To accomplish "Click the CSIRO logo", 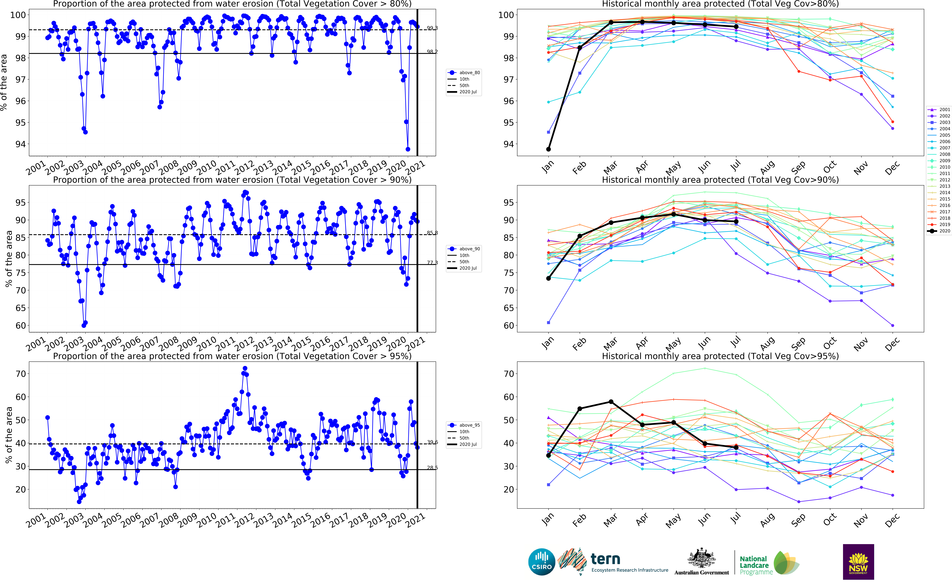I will coord(542,562).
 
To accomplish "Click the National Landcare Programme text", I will coord(756,565).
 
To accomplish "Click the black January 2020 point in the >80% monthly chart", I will coord(548,149).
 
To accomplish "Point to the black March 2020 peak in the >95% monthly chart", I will coord(611,401).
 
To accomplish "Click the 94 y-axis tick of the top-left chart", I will coord(20,144).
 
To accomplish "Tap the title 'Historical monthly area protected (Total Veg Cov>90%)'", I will coord(720,180).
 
